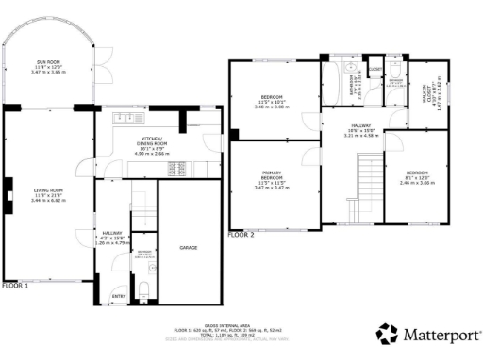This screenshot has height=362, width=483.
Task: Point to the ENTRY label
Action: click(x=119, y=296)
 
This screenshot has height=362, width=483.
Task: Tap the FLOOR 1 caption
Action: click(x=15, y=285)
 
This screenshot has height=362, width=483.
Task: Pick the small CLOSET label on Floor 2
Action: click(x=375, y=69)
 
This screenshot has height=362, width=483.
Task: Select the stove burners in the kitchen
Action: click(x=175, y=168)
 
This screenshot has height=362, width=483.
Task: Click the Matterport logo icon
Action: click(x=386, y=334)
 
